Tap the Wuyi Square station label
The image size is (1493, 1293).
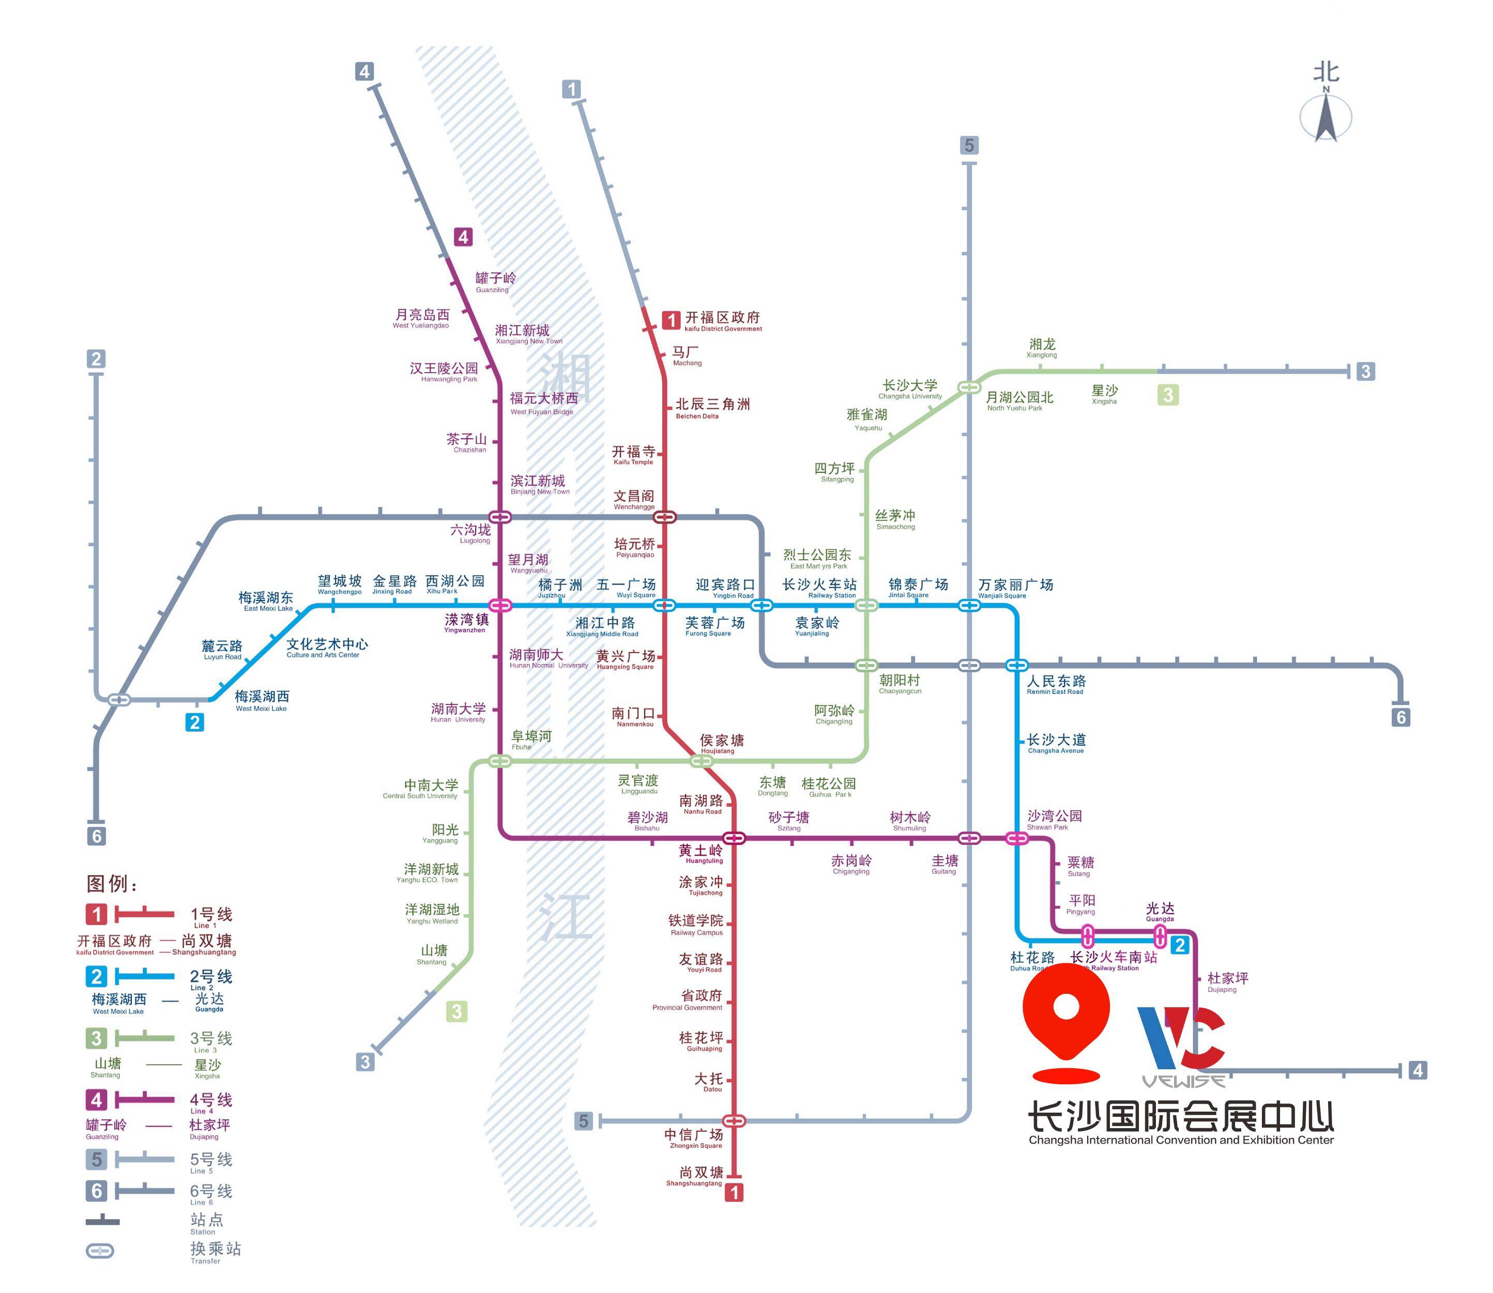tap(627, 587)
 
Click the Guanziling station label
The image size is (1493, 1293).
tap(495, 281)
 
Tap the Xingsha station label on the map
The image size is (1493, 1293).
tap(1104, 394)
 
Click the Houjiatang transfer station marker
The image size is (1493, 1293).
tap(702, 761)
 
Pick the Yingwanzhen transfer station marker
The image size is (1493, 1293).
tap(500, 605)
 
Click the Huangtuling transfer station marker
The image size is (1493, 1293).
tap(734, 838)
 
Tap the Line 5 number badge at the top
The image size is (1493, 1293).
tap(969, 146)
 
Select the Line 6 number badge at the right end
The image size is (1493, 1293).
tap(1400, 717)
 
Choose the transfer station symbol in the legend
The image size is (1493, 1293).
tap(100, 1251)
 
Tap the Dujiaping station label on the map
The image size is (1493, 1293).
tap(1227, 981)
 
